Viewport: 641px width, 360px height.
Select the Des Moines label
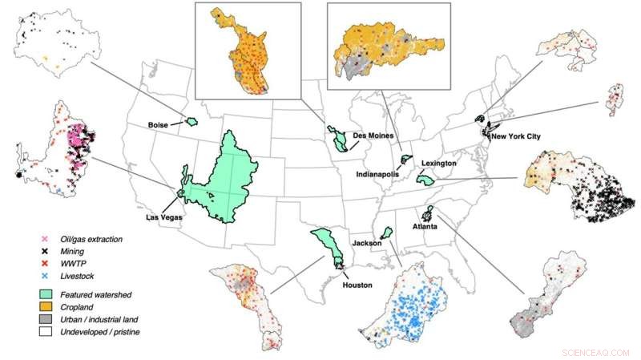pos(371,135)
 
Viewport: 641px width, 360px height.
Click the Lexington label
pos(437,164)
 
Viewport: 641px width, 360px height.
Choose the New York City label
pos(516,136)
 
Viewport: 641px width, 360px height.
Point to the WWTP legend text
pos(79,264)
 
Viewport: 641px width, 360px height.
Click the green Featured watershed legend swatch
pos(48,295)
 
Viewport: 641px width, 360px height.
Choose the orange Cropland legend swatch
pos(48,307)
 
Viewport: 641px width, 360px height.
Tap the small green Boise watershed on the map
pos(191,121)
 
